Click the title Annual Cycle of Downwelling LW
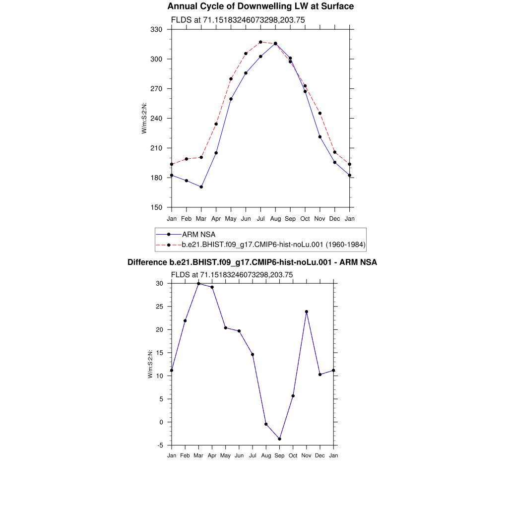point(260,6)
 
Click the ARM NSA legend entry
point(198,234)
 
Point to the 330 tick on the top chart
point(157,29)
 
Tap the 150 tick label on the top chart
point(157,207)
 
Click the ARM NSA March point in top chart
point(201,187)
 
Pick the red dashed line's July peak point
point(260,42)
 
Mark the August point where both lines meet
point(275,44)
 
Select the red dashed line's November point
point(320,113)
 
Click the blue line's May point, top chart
point(231,99)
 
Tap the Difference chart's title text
point(252,262)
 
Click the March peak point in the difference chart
point(198,283)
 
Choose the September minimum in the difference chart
point(280,439)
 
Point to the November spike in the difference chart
point(307,312)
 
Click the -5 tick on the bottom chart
point(160,445)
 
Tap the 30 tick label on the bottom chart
point(160,283)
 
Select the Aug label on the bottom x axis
point(266,455)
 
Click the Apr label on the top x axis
point(216,218)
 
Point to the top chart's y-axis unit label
point(144,118)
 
